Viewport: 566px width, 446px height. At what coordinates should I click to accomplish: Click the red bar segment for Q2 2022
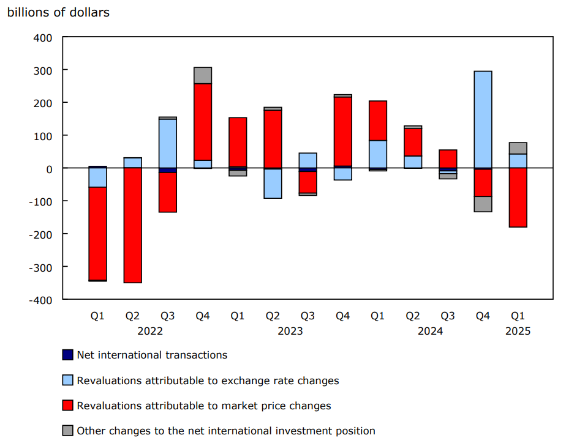click(x=132, y=225)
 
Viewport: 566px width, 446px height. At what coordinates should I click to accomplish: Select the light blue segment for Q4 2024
click(x=483, y=119)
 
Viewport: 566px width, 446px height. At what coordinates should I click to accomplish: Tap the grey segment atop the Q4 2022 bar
click(x=203, y=75)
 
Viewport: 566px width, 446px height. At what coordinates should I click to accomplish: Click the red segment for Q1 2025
click(x=518, y=198)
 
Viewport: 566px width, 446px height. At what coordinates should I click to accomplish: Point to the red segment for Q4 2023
click(x=343, y=132)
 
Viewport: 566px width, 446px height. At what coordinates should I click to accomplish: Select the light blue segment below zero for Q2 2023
click(x=273, y=184)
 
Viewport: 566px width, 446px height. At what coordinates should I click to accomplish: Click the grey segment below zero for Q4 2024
click(x=483, y=204)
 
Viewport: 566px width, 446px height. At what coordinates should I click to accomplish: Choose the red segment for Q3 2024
click(x=448, y=158)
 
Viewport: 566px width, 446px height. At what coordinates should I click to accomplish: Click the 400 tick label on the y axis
click(x=43, y=38)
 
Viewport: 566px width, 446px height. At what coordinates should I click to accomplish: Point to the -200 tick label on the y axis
click(x=40, y=234)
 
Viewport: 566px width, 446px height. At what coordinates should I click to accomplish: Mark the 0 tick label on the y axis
click(x=48, y=169)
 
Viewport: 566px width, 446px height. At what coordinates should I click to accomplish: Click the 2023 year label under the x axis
click(x=290, y=331)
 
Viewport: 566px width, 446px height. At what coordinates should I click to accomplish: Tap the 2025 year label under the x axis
click(x=518, y=331)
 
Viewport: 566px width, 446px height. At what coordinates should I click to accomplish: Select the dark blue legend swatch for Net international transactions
click(x=67, y=355)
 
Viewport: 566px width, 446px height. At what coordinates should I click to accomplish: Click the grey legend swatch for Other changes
click(x=67, y=431)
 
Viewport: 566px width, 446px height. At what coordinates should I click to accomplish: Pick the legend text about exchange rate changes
click(x=208, y=381)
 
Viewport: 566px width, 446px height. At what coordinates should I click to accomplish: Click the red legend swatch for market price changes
click(x=67, y=406)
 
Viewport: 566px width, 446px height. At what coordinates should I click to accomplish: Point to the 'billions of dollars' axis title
click(x=58, y=12)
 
